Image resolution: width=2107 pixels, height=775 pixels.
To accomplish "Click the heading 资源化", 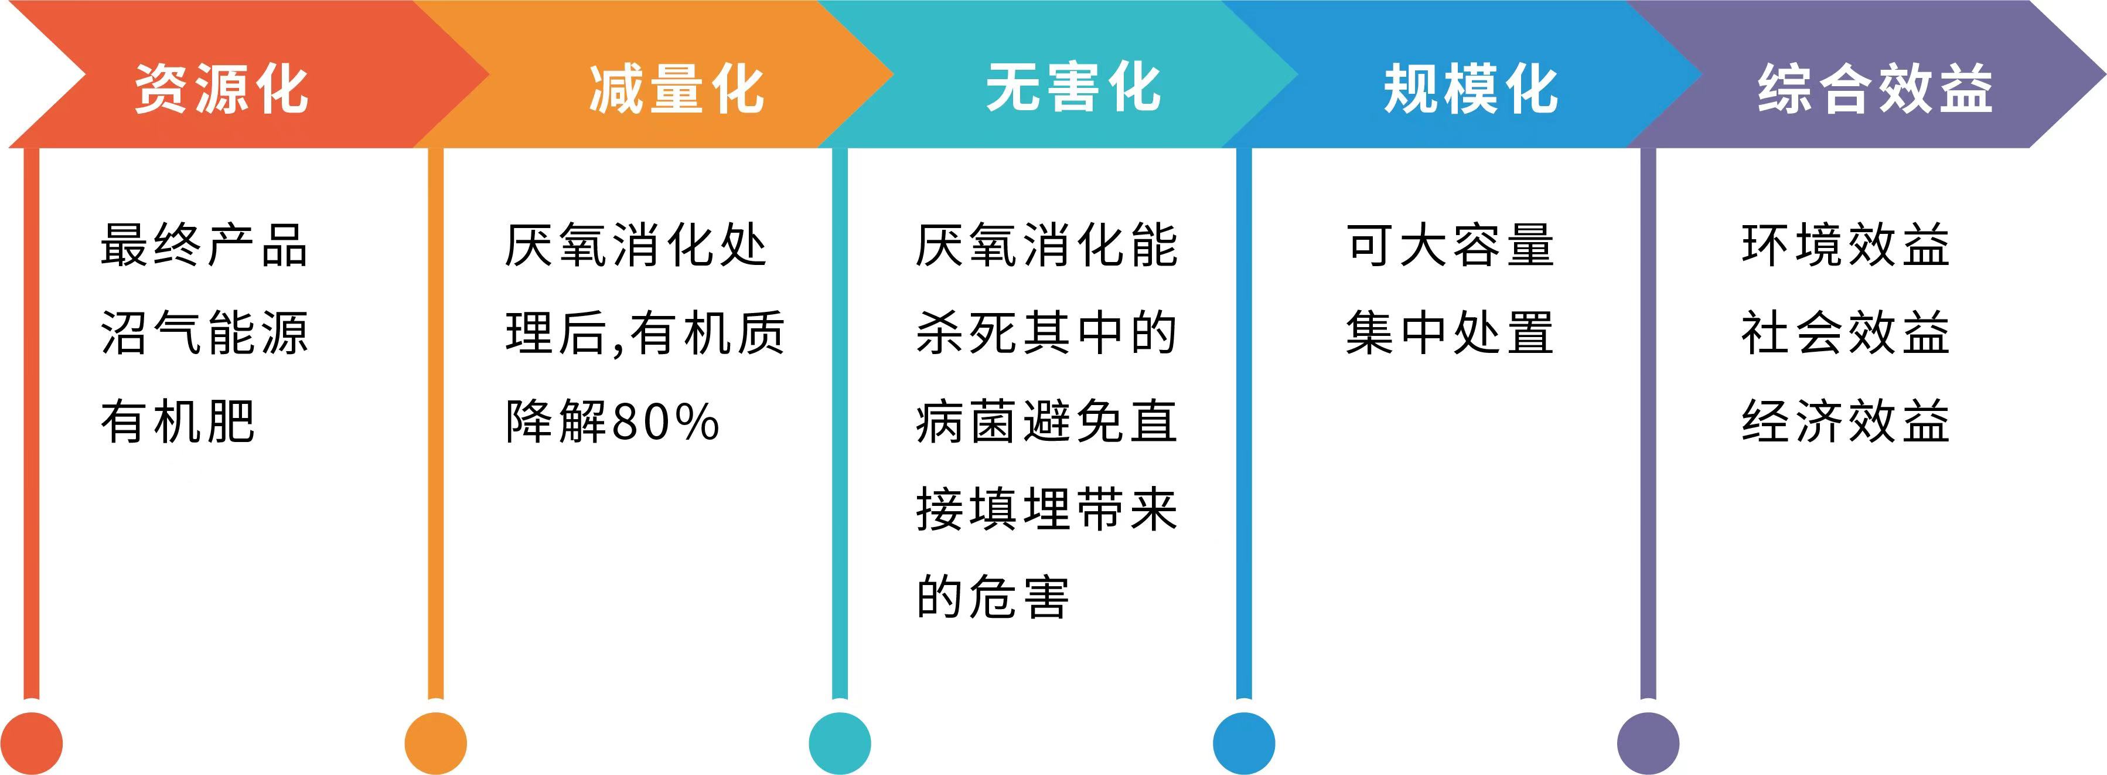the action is (221, 89).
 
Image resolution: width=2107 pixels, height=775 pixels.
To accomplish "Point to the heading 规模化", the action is (1471, 89).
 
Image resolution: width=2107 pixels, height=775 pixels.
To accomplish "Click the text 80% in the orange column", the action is (665, 422).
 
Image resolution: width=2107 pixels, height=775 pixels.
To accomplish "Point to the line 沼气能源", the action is (204, 333).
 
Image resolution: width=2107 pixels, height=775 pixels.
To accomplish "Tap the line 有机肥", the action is (178, 422).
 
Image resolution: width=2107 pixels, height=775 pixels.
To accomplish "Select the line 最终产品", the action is (204, 244).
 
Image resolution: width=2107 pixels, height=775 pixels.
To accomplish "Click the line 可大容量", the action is (1450, 244).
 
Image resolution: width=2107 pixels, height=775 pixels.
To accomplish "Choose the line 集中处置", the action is (1450, 333).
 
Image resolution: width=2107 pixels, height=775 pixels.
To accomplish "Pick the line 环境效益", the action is (1845, 244).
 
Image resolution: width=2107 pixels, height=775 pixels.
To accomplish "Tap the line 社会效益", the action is (1845, 333).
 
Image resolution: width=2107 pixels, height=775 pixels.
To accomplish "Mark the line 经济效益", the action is (1845, 422).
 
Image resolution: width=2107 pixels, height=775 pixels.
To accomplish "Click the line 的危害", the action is (992, 597).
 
